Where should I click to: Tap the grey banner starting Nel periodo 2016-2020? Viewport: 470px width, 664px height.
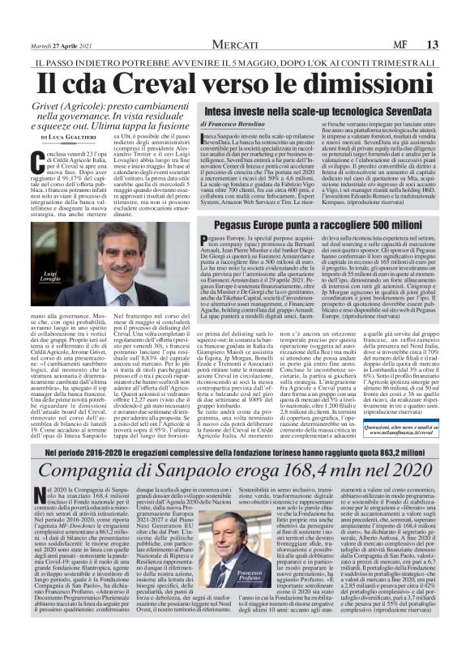[x=235, y=473]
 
